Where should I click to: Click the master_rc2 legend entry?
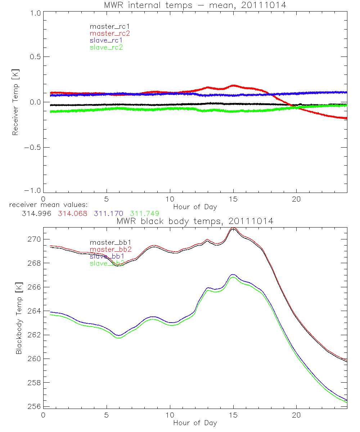(x=109, y=33)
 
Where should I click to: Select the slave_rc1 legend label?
(x=106, y=40)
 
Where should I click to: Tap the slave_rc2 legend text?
(x=106, y=47)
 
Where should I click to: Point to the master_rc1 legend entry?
(x=109, y=26)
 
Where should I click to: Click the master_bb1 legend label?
(x=109, y=243)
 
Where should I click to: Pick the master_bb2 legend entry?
(x=109, y=249)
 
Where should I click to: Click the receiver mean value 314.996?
(x=36, y=213)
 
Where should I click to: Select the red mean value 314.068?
(x=72, y=213)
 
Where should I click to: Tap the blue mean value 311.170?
(x=109, y=213)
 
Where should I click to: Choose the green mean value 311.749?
(x=145, y=213)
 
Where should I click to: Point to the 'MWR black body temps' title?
(x=195, y=221)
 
